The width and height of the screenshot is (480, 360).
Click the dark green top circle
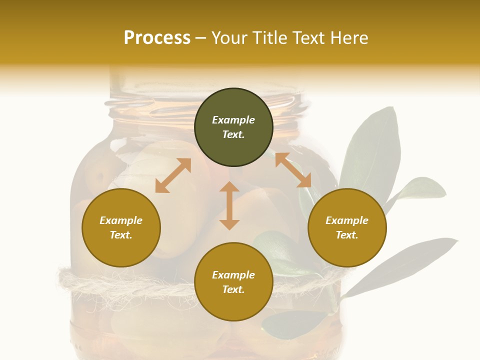coord(233,127)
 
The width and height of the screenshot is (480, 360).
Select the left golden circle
coord(121,228)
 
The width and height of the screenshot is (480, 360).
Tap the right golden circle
coord(347,228)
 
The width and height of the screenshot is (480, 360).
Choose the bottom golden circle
coord(233,282)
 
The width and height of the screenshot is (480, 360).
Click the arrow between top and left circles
coord(173,175)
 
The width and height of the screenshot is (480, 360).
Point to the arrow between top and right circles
coord(293,170)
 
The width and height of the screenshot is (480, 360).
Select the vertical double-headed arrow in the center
coord(229,205)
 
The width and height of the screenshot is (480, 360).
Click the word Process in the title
coord(157,37)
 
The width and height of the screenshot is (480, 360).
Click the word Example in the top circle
coord(233,120)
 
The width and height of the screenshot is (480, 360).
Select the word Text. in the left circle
coord(121,235)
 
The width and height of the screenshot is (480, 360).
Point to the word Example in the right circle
coord(347,220)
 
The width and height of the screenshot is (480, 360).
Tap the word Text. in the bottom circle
coord(233,289)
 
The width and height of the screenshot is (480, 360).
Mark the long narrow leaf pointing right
coord(400,265)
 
